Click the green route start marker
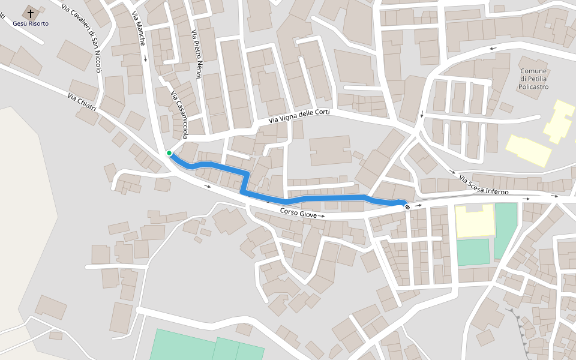click(x=169, y=153)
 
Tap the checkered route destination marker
click(x=407, y=206)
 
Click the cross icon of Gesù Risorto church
click(x=31, y=13)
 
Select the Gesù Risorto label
click(x=31, y=23)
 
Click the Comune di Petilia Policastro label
click(x=533, y=79)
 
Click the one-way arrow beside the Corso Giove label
click(x=322, y=215)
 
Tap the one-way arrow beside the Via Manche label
click(x=145, y=59)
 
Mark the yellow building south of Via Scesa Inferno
click(x=474, y=220)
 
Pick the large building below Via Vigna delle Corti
click(x=329, y=150)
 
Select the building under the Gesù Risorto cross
click(x=31, y=13)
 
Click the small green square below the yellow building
click(x=473, y=252)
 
